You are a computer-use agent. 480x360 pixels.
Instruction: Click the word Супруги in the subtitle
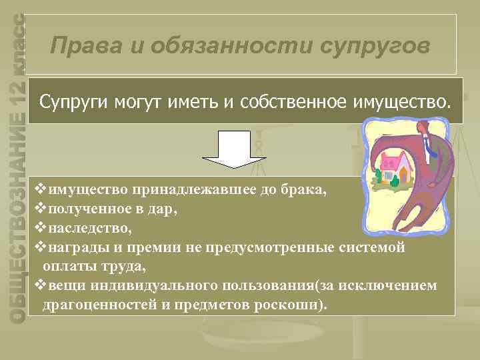(x=71, y=103)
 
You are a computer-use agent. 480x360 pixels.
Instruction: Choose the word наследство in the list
(x=89, y=228)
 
